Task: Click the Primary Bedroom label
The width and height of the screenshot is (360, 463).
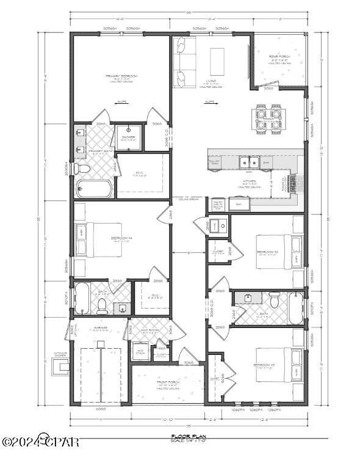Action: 121,78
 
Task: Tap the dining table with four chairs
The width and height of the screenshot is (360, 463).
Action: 268,118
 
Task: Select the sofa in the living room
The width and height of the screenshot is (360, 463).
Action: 182,61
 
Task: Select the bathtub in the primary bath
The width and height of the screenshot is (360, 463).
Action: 93,188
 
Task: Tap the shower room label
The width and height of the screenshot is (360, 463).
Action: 129,138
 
